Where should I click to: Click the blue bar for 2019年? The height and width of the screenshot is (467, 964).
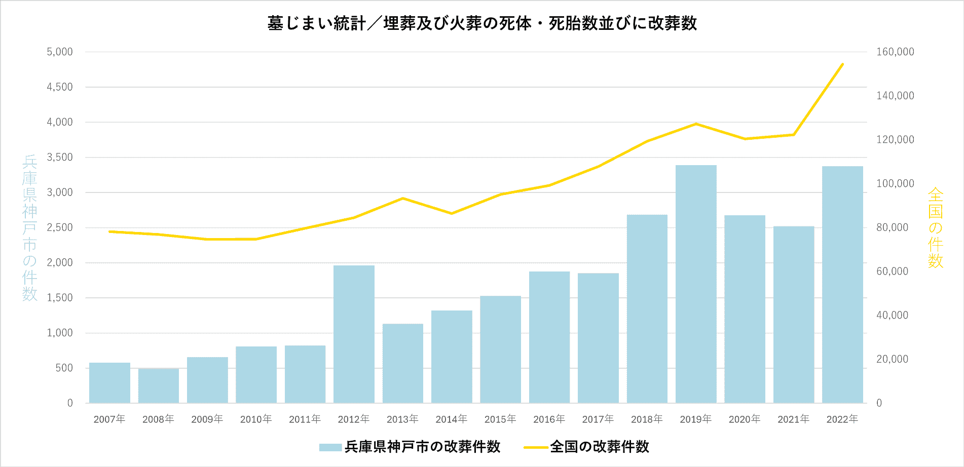696,284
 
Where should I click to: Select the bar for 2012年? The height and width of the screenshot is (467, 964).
354,334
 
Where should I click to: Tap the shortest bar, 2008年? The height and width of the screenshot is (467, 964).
158,386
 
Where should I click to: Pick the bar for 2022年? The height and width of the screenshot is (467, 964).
842,284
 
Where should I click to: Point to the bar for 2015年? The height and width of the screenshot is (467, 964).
500,349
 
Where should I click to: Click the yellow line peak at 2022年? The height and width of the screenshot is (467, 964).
842,64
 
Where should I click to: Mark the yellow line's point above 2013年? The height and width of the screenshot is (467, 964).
402,198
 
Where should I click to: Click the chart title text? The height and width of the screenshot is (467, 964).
482,23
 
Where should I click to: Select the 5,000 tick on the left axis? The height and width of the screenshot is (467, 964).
60,52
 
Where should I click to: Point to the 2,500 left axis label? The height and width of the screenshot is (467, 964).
60,227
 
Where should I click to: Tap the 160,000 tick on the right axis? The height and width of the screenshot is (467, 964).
895,52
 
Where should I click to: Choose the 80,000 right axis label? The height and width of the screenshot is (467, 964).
892,227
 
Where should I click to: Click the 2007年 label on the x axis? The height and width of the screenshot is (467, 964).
109,419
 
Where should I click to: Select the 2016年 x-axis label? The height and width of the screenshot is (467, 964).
549,419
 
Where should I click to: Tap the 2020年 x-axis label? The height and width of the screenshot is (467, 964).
745,419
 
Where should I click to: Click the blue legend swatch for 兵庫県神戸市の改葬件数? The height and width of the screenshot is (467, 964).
330,447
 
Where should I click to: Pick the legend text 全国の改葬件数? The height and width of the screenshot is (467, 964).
599,447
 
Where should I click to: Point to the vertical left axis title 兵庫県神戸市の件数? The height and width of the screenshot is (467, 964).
30,228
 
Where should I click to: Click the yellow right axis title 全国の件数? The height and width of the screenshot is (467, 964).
935,228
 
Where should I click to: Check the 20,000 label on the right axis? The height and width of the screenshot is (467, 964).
892,359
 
